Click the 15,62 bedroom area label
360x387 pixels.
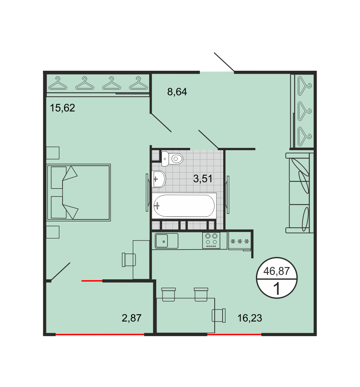(x=63, y=108)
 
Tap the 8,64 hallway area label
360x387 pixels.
(x=177, y=92)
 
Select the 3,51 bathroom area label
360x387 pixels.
(x=203, y=178)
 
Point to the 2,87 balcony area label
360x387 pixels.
(x=131, y=318)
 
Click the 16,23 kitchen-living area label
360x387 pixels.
(x=250, y=318)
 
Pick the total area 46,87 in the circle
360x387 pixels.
(x=276, y=271)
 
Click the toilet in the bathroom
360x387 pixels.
(x=172, y=159)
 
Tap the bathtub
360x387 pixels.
(x=184, y=206)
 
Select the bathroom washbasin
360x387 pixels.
(x=159, y=179)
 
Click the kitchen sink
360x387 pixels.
(x=166, y=241)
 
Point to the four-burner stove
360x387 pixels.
(x=211, y=241)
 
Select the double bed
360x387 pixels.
(x=79, y=192)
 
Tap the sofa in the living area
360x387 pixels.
(x=299, y=193)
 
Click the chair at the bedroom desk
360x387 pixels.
(x=129, y=260)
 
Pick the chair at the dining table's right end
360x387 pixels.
(x=219, y=315)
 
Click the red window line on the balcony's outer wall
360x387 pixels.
(x=100, y=335)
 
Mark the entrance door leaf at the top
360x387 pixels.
(x=224, y=62)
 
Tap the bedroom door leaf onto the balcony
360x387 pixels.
(x=61, y=272)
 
